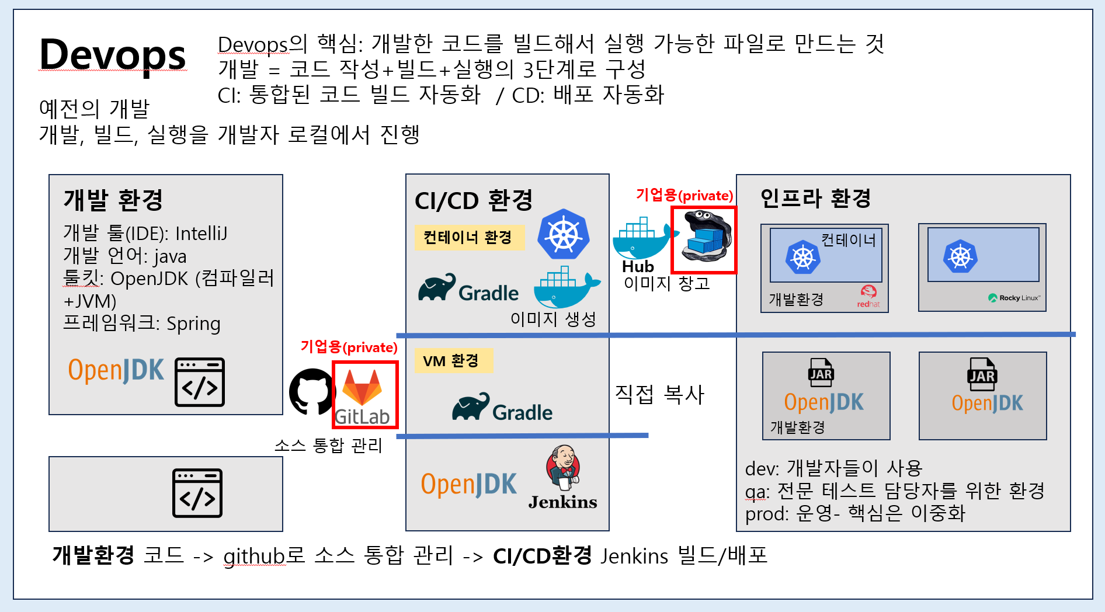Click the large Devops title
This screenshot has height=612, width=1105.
tap(112, 55)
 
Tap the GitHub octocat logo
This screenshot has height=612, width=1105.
tap(312, 391)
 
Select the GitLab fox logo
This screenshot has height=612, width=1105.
tap(362, 387)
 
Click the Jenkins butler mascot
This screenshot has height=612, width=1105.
tap(563, 467)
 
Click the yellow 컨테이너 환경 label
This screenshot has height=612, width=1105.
tap(468, 238)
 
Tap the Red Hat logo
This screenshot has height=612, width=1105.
tap(868, 295)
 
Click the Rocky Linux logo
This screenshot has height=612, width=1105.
tap(1014, 298)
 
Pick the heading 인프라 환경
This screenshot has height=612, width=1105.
tap(815, 198)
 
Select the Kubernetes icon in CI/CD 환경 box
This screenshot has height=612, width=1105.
tap(563, 234)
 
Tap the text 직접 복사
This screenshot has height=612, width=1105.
tap(659, 395)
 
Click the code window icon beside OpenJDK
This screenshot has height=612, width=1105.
tap(199, 382)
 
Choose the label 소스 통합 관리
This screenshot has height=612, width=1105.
tap(328, 446)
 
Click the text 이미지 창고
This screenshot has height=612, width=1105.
tap(666, 284)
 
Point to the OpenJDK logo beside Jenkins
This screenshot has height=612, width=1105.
tap(468, 484)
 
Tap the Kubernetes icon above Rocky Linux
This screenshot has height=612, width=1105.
tap(960, 256)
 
